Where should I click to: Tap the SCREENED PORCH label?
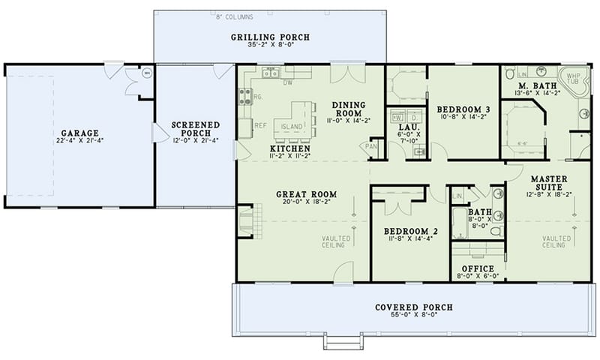tap(195, 129)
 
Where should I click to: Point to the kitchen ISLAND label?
tap(292, 127)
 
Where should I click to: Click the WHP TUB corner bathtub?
tap(574, 79)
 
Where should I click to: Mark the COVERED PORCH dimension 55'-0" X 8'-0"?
tap(414, 317)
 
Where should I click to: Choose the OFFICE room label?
tap(478, 268)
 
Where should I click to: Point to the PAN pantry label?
tap(370, 146)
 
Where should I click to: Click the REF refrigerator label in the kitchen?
tap(260, 125)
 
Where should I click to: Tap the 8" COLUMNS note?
tap(235, 16)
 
